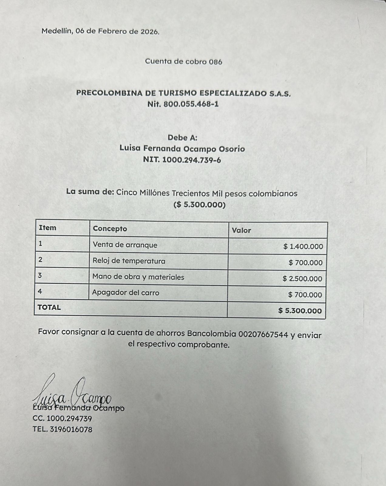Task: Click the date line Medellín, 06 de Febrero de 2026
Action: [x=100, y=31]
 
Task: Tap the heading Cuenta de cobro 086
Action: [x=183, y=62]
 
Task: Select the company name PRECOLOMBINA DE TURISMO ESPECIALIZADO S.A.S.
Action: [x=183, y=93]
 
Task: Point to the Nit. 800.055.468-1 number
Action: [x=183, y=104]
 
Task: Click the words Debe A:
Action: [x=182, y=138]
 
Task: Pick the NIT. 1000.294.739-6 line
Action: [x=182, y=160]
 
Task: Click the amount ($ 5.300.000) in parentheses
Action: [x=199, y=205]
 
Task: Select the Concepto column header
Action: [x=110, y=229]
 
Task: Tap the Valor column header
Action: [x=241, y=230]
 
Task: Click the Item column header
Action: [x=48, y=228]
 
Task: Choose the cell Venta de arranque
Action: [x=125, y=245]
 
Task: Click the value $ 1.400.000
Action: [x=303, y=246]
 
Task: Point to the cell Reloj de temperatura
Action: [x=129, y=261]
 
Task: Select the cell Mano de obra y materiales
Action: [x=138, y=277]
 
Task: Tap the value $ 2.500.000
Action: [x=302, y=279]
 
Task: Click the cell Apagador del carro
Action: [x=126, y=293]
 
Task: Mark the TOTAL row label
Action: [x=49, y=307]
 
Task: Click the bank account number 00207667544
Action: [x=263, y=334]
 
